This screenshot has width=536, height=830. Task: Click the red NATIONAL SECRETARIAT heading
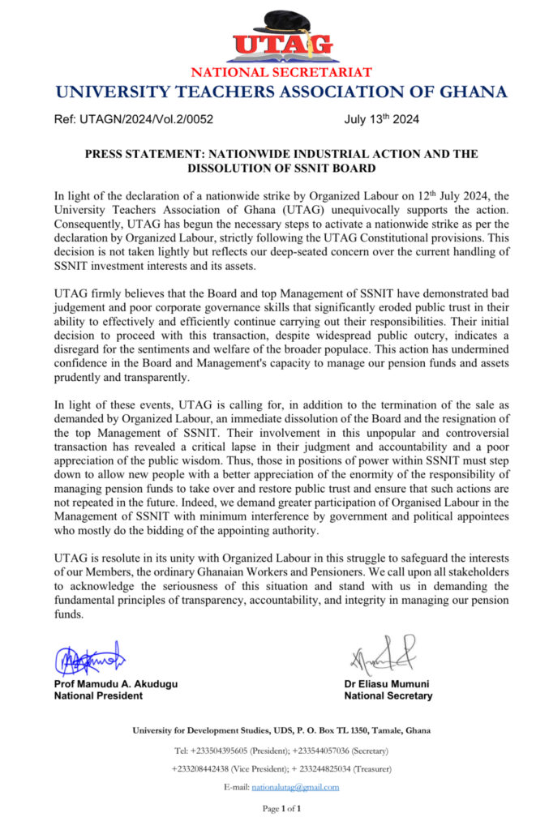[x=281, y=72]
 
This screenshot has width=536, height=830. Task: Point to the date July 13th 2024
[x=381, y=119]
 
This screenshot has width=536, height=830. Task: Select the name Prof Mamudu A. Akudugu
[x=115, y=684]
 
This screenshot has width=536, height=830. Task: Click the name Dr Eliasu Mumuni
[x=387, y=684]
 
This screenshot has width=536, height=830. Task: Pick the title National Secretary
[x=388, y=695]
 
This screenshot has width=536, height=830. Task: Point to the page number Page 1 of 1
[x=281, y=809]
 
